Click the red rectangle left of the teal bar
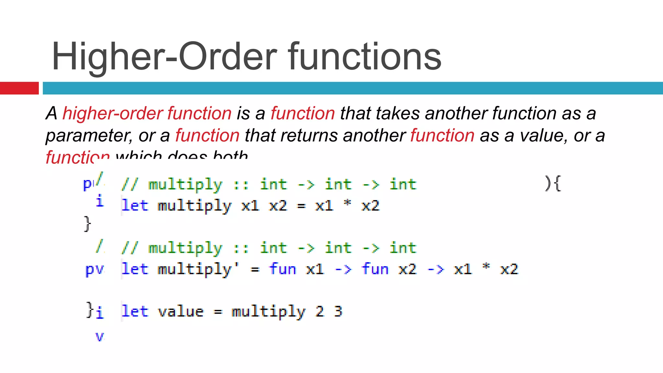tap(19, 88)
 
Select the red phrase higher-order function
tap(147, 113)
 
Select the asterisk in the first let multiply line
tap(347, 204)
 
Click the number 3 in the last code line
tap(338, 311)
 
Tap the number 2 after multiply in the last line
tap(320, 311)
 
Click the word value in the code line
tap(181, 311)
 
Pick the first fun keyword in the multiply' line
tap(282, 269)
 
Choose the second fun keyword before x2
tap(375, 269)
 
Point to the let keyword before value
tap(135, 311)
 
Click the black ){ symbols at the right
tap(553, 184)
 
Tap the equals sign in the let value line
tap(218, 312)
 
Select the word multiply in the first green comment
tap(185, 185)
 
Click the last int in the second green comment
tap(403, 248)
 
